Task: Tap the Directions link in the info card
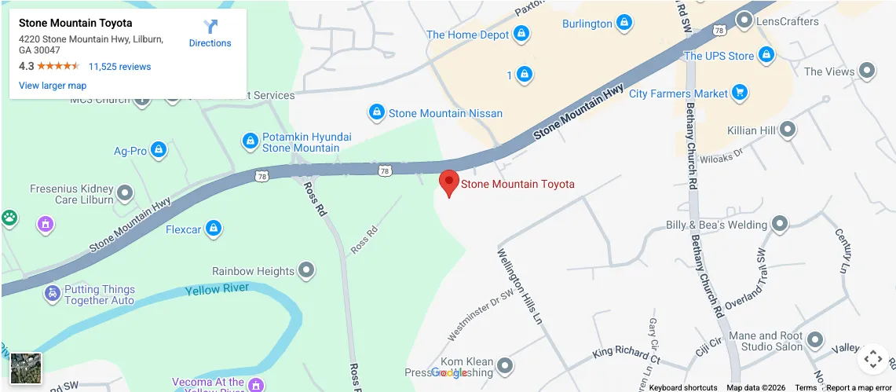point(210,34)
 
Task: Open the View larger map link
point(53,86)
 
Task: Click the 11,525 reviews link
point(119,67)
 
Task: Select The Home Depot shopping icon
point(521,35)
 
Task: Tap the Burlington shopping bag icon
point(624,24)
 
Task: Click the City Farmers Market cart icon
point(739,93)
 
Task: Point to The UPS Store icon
point(766,56)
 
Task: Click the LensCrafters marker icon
point(744,21)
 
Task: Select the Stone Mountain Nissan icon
point(377,113)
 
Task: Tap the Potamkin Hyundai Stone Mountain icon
point(251,141)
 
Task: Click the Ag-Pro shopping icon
point(159,150)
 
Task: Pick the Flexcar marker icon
point(213,229)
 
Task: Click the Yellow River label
point(217,290)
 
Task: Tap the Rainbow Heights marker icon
point(306,271)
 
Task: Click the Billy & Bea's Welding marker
point(780,225)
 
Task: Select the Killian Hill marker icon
point(787,130)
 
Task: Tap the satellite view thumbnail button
point(26,368)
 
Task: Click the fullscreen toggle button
point(873,360)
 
